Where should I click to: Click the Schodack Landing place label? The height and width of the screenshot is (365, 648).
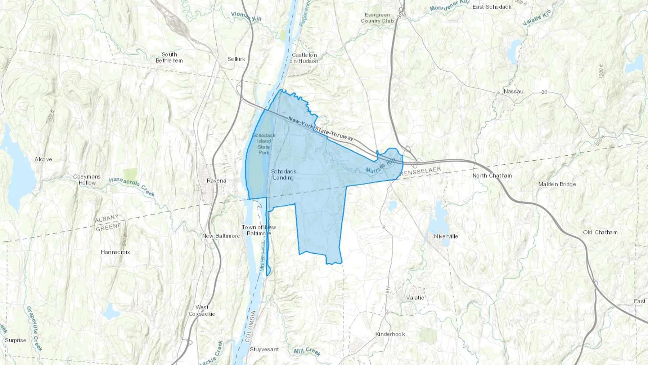(x=284, y=174)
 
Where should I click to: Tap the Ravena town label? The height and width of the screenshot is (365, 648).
(x=216, y=181)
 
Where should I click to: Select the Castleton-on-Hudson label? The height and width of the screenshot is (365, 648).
(x=304, y=58)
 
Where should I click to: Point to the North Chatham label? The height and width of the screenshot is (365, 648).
(x=492, y=175)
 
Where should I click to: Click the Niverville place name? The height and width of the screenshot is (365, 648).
(x=446, y=236)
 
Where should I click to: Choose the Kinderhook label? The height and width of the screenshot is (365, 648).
(x=390, y=334)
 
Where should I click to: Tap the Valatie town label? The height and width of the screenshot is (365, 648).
(x=415, y=298)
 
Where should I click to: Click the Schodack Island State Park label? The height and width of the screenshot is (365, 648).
(x=264, y=144)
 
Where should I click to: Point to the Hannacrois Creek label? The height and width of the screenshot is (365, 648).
(x=132, y=186)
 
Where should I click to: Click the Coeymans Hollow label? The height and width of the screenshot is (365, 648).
(x=87, y=179)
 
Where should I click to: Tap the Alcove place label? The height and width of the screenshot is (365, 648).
(x=43, y=159)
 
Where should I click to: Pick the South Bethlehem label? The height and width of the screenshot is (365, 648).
(x=169, y=57)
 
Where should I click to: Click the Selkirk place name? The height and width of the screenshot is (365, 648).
(x=236, y=59)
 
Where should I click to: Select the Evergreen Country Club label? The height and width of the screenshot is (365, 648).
(x=377, y=18)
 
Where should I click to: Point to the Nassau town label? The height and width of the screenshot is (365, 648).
(x=513, y=92)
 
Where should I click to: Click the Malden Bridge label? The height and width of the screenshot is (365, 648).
(x=557, y=184)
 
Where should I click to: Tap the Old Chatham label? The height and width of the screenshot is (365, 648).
(x=600, y=232)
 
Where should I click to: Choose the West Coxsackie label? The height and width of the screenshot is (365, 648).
(x=202, y=310)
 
